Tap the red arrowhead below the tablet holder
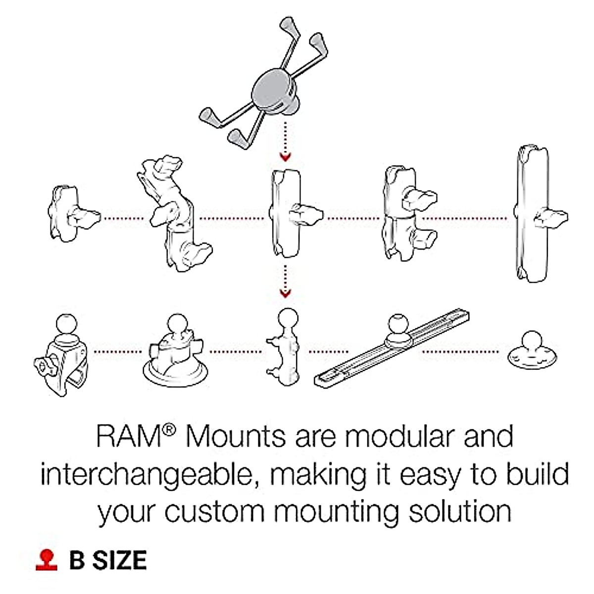(x=285, y=157)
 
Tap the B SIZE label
(x=108, y=560)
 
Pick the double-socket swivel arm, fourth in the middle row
(x=403, y=214)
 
